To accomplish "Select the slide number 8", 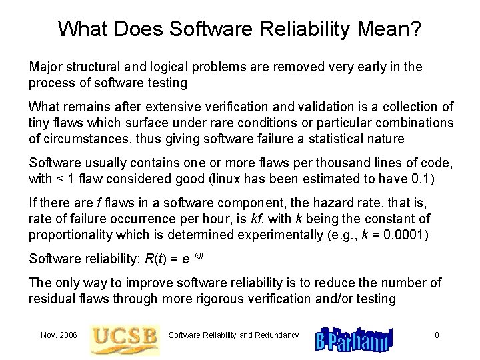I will pyautogui.click(x=437, y=335).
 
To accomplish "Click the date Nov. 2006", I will pyautogui.click(x=58, y=335).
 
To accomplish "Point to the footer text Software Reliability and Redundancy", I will pyautogui.click(x=233, y=335).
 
